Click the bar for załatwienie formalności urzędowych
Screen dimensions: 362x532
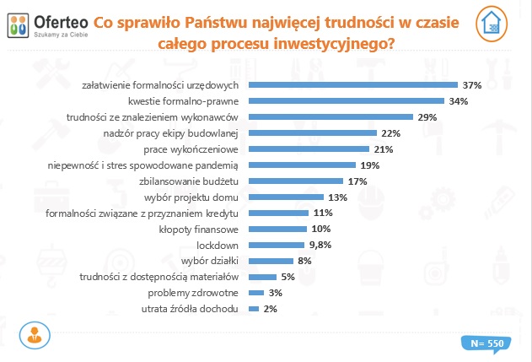pos(353,85)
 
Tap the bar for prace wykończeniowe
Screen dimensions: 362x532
pos(310,149)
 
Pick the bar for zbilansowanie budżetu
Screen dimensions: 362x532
pos(296,181)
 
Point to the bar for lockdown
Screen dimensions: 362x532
pos(270,246)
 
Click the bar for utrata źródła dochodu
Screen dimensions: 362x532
pos(254,310)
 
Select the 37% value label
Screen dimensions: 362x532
pos(471,85)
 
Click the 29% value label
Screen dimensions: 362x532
pos(427,117)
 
